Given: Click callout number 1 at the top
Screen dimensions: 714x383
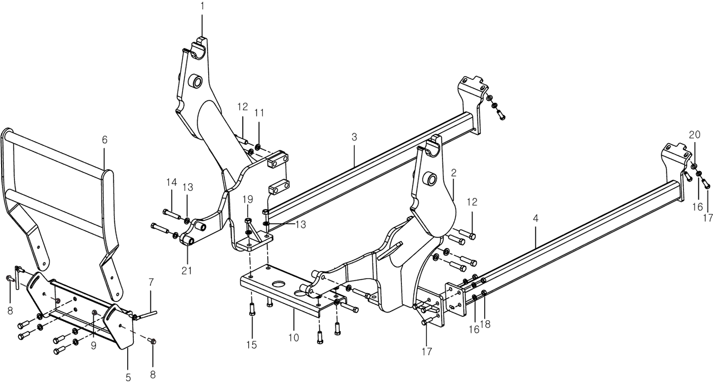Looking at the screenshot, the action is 203,6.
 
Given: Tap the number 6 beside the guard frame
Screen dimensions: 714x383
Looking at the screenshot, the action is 104,139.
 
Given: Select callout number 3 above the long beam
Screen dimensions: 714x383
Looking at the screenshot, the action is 354,137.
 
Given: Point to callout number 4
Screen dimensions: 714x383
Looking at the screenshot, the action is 535,219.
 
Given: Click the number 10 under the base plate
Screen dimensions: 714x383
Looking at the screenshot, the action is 294,337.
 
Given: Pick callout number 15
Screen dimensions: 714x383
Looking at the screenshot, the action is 252,345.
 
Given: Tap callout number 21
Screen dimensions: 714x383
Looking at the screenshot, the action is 187,271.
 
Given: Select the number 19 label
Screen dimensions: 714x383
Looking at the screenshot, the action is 248,199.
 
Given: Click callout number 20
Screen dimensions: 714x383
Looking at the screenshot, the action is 695,135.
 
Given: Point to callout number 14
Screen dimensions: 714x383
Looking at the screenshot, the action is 172,182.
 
